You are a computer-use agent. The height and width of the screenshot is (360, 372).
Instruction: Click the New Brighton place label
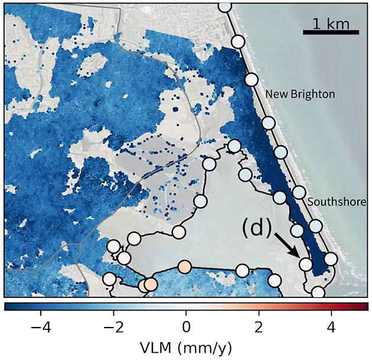point(299,94)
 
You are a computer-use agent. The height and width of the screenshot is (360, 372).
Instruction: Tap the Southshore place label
point(337,202)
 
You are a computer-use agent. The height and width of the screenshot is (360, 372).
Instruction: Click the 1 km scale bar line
point(331,32)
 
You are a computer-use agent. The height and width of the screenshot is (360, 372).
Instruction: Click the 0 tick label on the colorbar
point(186,326)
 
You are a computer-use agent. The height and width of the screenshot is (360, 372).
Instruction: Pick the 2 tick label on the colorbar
point(259,326)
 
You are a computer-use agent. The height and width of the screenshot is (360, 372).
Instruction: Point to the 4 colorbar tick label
point(331,326)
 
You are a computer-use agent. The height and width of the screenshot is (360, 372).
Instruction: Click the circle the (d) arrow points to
point(305,264)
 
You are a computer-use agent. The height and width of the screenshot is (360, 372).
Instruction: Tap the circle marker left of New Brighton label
point(252,80)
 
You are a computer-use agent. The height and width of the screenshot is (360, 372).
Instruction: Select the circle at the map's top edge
point(225,6)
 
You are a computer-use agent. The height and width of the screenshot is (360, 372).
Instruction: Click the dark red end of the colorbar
point(366,306)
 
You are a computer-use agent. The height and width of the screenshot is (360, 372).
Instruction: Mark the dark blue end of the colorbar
point(7,306)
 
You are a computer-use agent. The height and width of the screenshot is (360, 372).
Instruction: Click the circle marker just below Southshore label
point(316,227)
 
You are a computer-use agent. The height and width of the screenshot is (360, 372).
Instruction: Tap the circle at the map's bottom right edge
point(318,292)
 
